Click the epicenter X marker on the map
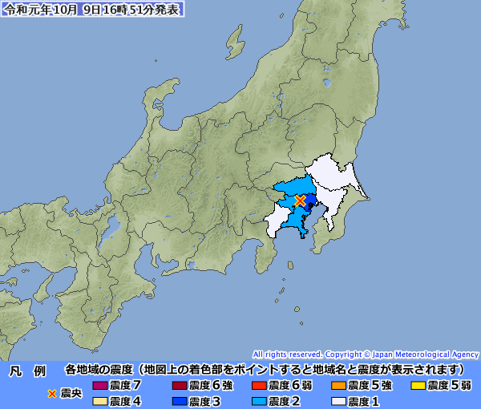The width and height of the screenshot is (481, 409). pyautogui.click(x=301, y=200)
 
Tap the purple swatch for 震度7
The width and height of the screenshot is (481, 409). pyautogui.click(x=99, y=386)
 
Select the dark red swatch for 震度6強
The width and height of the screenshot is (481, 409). pyautogui.click(x=180, y=386)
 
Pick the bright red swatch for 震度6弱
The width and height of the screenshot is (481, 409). pyautogui.click(x=259, y=386)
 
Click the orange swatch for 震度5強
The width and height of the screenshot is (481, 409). pyautogui.click(x=338, y=386)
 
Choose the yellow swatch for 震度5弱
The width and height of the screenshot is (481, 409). pyautogui.click(x=418, y=386)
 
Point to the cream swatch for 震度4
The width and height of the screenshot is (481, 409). pyautogui.click(x=99, y=400)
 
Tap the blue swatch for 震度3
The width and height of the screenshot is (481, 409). pyautogui.click(x=180, y=400)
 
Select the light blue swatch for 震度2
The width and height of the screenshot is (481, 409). pyautogui.click(x=259, y=400)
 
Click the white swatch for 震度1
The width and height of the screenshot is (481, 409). pyautogui.click(x=338, y=400)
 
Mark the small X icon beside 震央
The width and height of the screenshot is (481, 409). pyautogui.click(x=53, y=393)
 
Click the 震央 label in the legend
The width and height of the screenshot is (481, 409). pyautogui.click(x=71, y=393)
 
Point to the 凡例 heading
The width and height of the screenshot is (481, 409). pyautogui.click(x=27, y=371)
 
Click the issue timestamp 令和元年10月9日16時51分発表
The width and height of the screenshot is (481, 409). pyautogui.click(x=92, y=10)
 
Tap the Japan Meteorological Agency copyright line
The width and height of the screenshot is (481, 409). pyautogui.click(x=366, y=354)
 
